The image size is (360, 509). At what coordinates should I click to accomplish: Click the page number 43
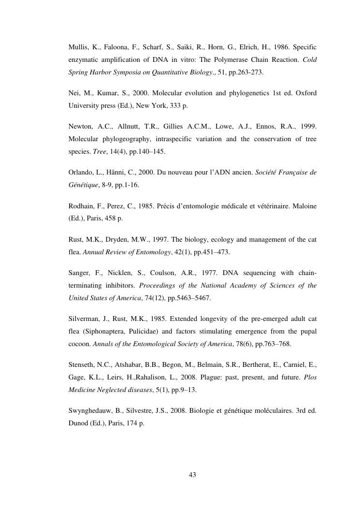192,475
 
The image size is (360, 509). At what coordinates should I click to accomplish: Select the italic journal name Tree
92,151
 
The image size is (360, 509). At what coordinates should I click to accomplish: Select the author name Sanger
79,273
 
